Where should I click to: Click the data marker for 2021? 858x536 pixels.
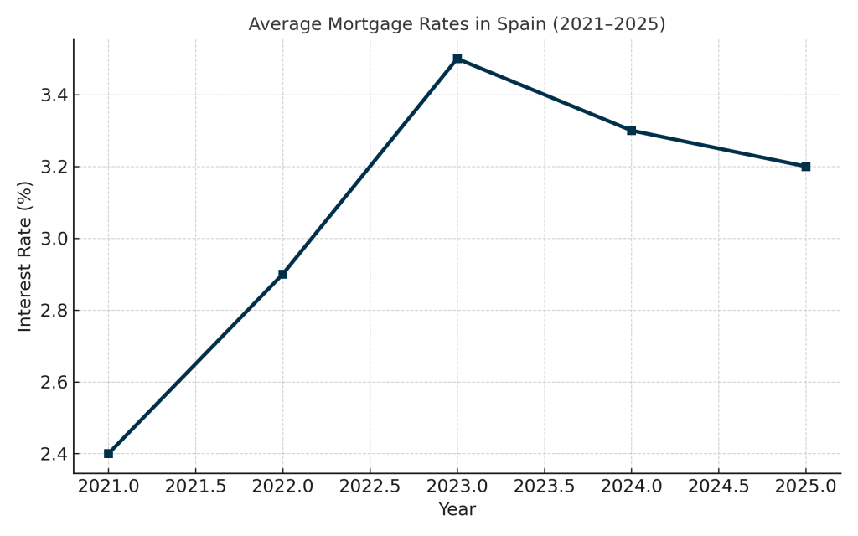point(108,453)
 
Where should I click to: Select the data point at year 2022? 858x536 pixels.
point(282,274)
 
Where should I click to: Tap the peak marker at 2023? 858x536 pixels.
point(457,59)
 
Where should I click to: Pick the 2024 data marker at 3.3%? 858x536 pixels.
point(631,131)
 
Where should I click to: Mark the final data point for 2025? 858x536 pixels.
point(805,167)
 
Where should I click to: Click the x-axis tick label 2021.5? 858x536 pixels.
point(195,487)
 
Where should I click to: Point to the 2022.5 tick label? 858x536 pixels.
point(370,487)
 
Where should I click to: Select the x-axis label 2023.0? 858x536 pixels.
point(457,487)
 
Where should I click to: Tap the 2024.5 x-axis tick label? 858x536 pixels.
point(718,487)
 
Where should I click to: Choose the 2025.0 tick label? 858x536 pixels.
point(805,487)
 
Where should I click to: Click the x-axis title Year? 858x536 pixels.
point(457,510)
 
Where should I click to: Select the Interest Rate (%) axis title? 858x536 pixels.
point(25,255)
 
